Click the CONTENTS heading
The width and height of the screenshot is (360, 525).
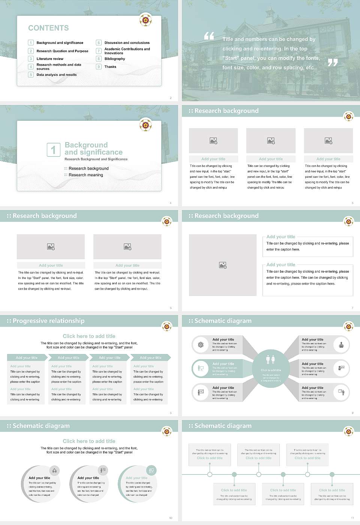48,28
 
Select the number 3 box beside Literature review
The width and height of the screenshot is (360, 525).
31,59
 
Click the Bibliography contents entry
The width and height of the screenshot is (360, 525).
114,59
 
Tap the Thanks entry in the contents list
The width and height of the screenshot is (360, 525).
110,67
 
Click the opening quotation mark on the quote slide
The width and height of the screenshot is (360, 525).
209,36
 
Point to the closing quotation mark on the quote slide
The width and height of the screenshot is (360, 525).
333,63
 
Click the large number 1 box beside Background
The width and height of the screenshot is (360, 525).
53,150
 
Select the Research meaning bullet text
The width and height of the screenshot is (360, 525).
85,175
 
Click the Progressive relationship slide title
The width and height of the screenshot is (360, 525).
48,321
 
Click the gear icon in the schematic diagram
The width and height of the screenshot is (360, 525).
201,345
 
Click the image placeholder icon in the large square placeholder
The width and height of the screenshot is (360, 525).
223,265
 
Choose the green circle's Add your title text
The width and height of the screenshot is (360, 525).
136,478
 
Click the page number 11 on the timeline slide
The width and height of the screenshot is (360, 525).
352,518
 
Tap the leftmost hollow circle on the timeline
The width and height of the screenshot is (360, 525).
210,474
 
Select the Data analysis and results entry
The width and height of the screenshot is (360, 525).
56,75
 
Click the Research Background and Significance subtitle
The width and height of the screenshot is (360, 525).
96,159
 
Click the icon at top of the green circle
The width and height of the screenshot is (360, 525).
151,470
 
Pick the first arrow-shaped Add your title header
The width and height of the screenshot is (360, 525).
27,358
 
